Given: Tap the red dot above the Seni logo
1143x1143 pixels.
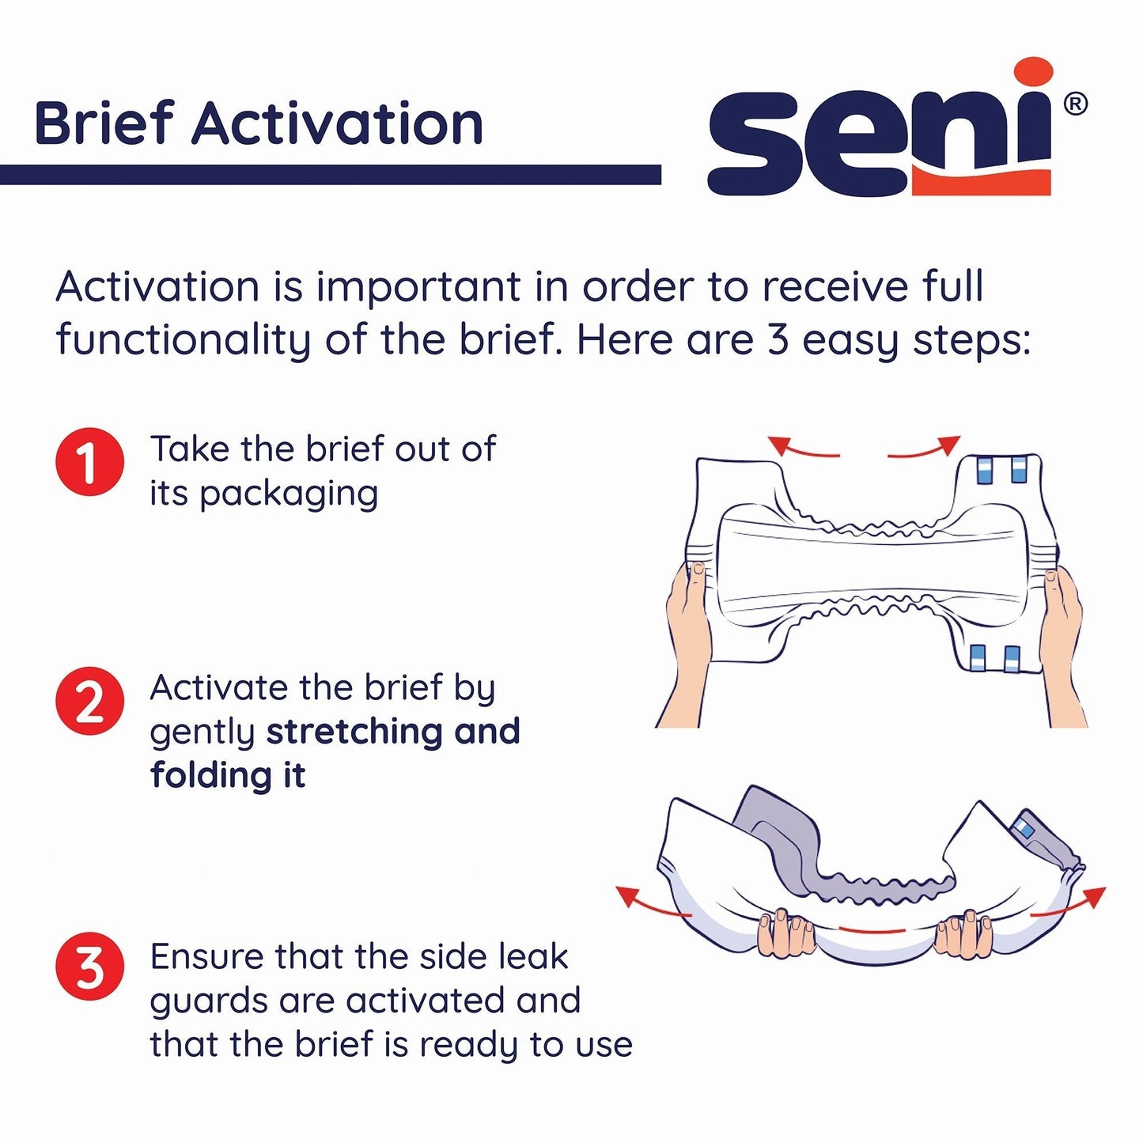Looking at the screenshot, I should tap(1033, 76).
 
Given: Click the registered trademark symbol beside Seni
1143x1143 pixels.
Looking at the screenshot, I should tap(1075, 104).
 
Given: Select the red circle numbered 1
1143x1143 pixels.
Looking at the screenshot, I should tap(89, 462).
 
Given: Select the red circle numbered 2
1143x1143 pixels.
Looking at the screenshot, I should tap(89, 701).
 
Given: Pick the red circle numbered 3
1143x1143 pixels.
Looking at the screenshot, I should tap(89, 967).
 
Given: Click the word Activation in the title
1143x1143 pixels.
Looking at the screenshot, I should tap(338, 124).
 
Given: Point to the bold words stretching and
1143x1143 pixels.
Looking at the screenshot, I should tap(393, 732).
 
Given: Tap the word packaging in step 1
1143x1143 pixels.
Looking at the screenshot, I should tap(289, 494).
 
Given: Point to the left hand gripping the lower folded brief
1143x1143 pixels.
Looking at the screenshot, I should tap(785, 933).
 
